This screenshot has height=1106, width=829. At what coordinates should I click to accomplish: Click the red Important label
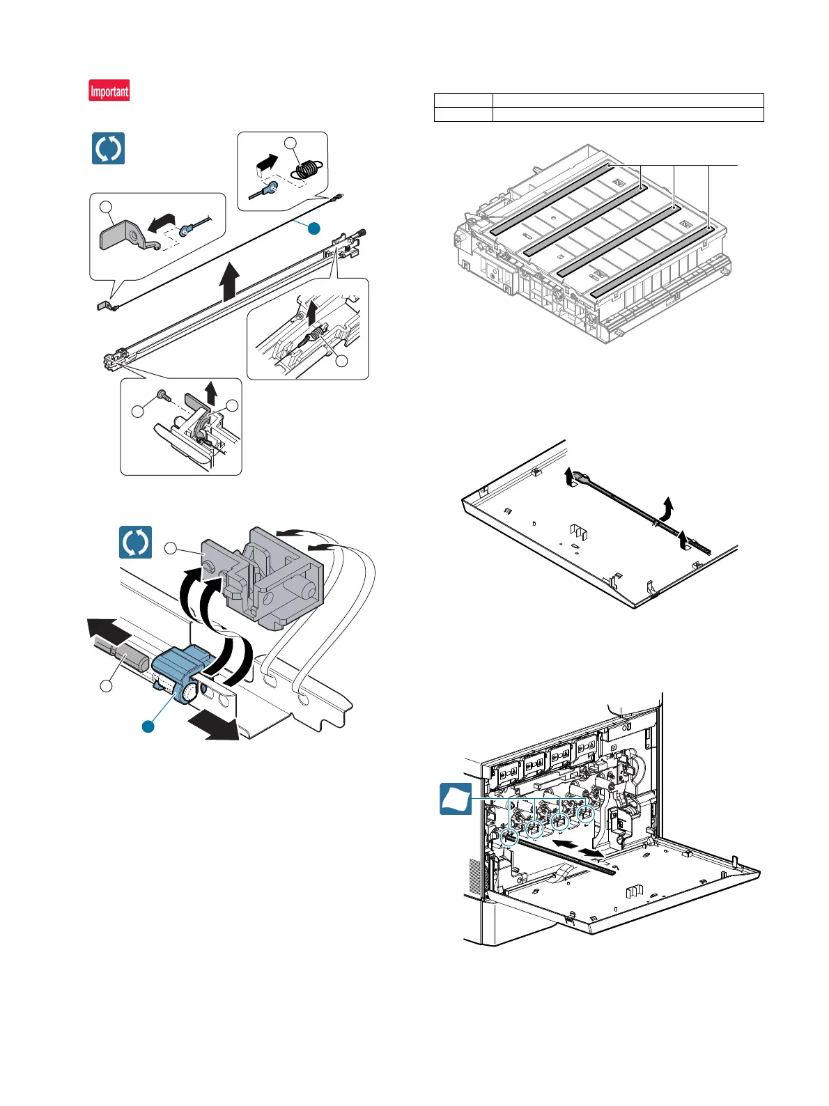point(109,91)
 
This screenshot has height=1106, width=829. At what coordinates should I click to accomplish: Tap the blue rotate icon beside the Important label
point(108,148)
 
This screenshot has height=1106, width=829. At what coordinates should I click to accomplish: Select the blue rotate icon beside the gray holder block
point(135,543)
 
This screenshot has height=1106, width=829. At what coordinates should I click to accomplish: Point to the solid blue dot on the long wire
point(314,228)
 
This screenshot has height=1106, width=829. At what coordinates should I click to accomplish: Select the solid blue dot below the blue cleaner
point(148,726)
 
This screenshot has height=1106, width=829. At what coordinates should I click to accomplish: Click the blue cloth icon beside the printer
point(456,800)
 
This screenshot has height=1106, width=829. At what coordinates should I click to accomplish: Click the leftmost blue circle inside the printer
point(509,836)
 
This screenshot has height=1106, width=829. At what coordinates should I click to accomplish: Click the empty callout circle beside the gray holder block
point(171,550)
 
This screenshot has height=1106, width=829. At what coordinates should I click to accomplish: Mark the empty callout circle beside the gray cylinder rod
point(106,686)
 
